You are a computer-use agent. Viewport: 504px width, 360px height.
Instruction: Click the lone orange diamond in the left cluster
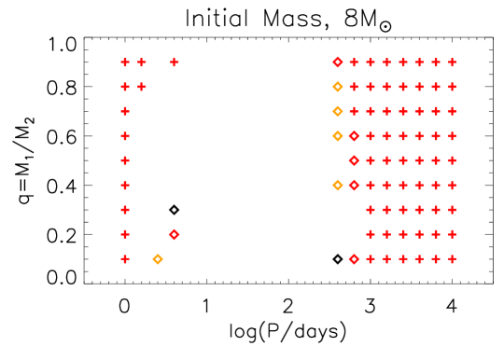tap(158, 258)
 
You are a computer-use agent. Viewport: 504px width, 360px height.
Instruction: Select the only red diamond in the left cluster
tap(175, 234)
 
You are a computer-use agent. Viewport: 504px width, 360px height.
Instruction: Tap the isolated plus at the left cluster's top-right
tap(175, 62)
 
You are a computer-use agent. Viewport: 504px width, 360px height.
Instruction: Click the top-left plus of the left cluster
tap(125, 62)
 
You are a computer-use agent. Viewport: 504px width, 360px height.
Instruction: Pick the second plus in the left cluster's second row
tap(142, 87)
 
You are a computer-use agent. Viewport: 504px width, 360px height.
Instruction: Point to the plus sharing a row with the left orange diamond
tap(125, 258)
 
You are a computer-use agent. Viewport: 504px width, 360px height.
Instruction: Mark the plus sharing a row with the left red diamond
tap(125, 234)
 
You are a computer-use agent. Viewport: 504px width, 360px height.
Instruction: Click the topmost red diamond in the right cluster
tap(338, 62)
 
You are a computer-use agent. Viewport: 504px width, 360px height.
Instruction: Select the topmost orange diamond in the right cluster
tap(338, 87)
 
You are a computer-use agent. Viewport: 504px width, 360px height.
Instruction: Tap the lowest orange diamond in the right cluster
tap(338, 185)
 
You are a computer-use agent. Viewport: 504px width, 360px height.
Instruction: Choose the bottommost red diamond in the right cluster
tap(354, 258)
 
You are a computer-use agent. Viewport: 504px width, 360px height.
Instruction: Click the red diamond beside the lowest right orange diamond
tap(354, 185)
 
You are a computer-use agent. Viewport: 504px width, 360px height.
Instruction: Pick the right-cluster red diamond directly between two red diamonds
tap(354, 160)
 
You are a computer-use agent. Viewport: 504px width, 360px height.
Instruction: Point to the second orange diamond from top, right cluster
tap(338, 111)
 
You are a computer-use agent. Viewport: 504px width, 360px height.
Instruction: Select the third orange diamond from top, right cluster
tap(338, 136)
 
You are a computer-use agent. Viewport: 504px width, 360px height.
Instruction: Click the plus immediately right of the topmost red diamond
tap(354, 62)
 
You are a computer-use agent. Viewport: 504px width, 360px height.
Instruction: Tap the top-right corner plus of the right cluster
tap(452, 62)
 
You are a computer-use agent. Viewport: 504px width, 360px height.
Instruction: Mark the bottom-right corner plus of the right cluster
tap(452, 258)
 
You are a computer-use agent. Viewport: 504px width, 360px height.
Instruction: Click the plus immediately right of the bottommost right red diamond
tap(371, 258)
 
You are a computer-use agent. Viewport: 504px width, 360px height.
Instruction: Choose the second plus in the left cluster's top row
tap(142, 62)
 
